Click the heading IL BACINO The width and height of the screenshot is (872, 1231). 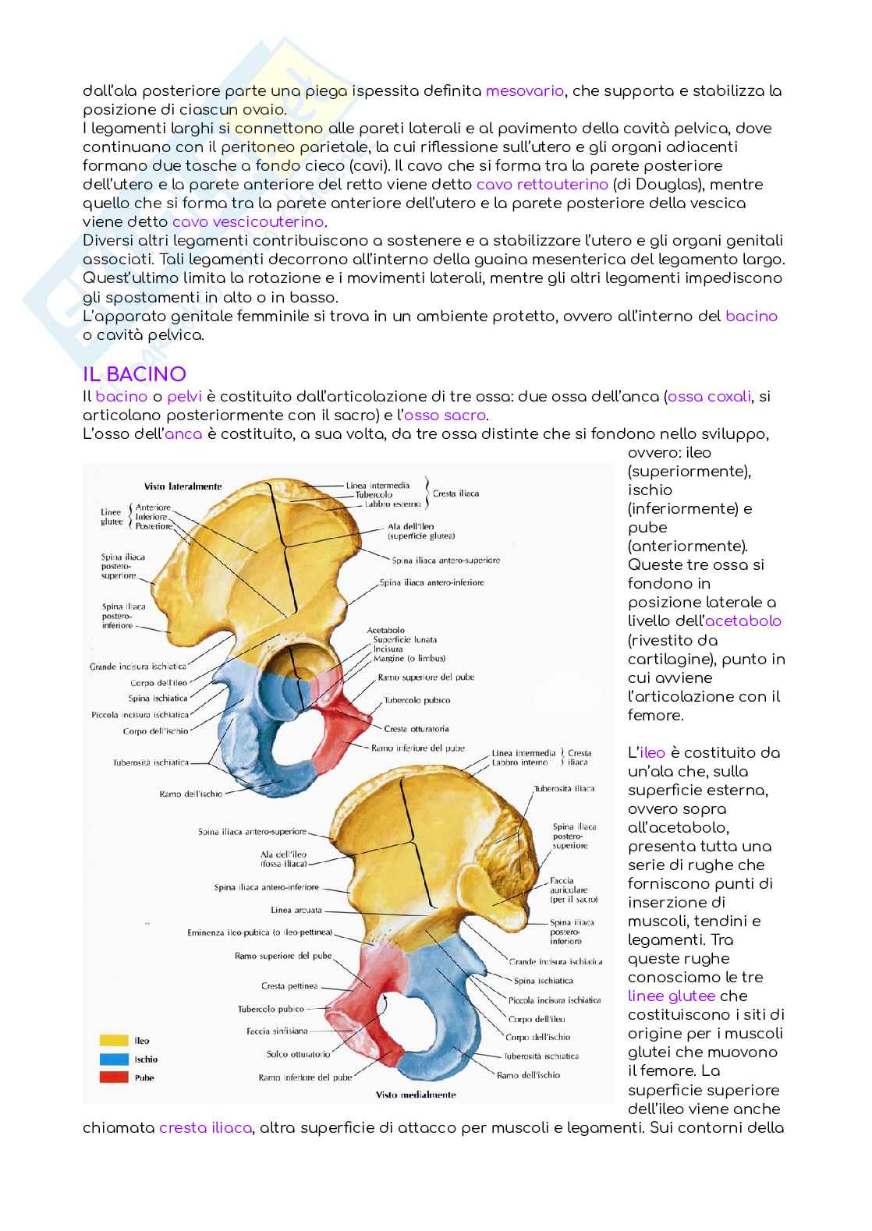(x=134, y=374)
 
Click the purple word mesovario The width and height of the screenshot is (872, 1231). (x=524, y=91)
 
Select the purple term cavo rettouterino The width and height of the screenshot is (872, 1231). (x=541, y=185)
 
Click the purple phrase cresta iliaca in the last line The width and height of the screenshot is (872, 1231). (x=205, y=1128)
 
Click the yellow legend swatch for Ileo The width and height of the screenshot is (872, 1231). (x=114, y=1040)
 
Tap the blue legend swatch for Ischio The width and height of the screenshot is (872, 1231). (x=114, y=1059)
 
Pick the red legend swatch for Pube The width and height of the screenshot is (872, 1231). (x=114, y=1077)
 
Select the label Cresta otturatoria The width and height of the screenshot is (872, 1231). (x=417, y=729)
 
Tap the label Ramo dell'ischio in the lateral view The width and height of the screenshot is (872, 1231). (x=190, y=794)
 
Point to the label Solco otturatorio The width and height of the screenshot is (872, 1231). (x=299, y=1054)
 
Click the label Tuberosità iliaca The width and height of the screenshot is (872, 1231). (x=564, y=788)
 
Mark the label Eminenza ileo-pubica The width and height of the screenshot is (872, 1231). (x=261, y=932)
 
